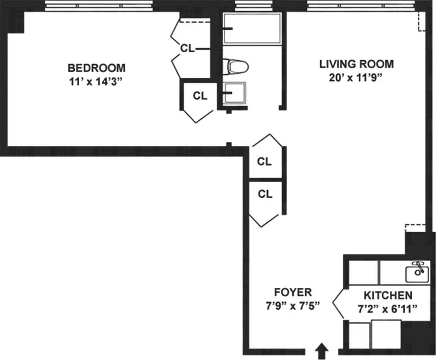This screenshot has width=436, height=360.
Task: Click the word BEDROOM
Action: [x=96, y=68]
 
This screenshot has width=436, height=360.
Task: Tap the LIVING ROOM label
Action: [x=356, y=64]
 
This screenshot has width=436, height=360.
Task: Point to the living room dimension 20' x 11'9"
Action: [x=355, y=77]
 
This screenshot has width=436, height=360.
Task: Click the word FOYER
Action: [x=293, y=292]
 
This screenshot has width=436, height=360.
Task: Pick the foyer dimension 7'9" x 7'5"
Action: [x=292, y=306]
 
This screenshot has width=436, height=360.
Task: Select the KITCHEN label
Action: [x=388, y=296]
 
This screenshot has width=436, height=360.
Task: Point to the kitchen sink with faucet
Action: [x=417, y=271]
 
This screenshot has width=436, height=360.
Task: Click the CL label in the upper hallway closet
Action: [x=265, y=162]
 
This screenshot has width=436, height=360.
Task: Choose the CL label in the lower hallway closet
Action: [x=265, y=194]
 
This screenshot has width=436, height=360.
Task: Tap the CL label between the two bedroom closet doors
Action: [x=187, y=48]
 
